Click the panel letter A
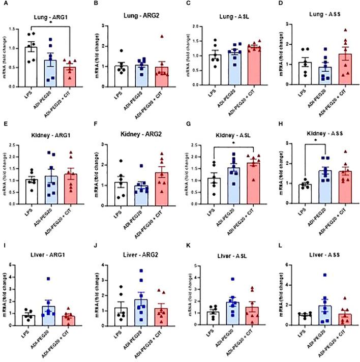tap(5, 5)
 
